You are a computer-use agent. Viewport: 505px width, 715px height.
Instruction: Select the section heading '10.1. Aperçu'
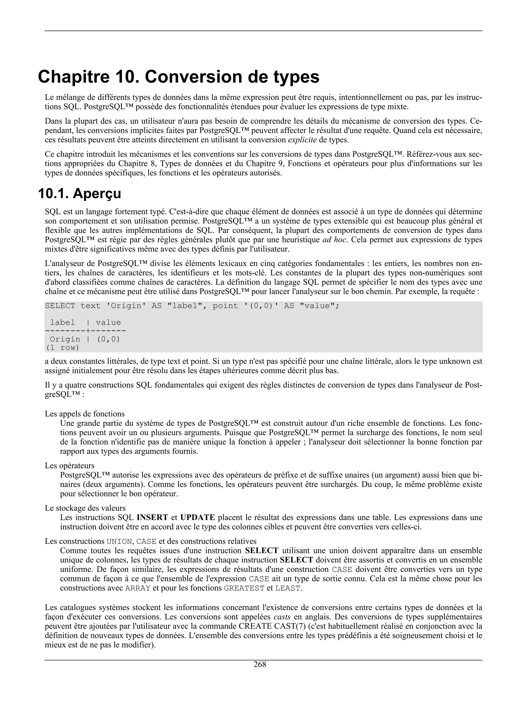pos(79,194)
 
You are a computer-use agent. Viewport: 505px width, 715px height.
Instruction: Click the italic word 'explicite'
pos(302,140)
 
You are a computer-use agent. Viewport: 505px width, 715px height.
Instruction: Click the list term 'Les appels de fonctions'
pos(85,414)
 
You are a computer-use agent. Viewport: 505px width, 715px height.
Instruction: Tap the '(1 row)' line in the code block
pos(62,348)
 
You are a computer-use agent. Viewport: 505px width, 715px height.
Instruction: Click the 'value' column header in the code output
pos(108,323)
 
